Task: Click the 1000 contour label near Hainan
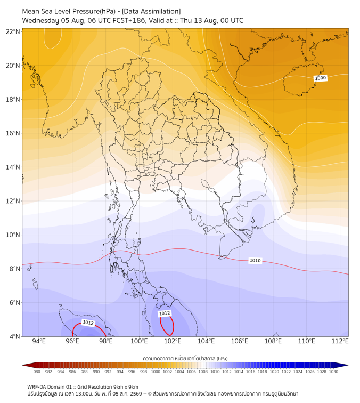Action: pos(321,78)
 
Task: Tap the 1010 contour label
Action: pos(255,261)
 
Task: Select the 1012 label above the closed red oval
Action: pos(165,313)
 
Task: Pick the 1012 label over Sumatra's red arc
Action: pos(88,323)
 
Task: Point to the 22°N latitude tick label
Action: pos(13,31)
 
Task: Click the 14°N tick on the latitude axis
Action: pos(13,167)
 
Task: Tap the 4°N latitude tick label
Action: pos(14,336)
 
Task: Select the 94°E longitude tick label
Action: pos(39,341)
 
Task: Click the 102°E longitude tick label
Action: pos(173,341)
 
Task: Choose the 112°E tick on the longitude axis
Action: pos(340,341)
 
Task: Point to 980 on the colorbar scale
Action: pos(37,372)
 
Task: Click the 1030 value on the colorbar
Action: pos(333,372)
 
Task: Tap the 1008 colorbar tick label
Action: pos(203,372)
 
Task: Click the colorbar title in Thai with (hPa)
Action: pos(185,358)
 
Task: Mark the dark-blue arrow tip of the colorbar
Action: pos(348,365)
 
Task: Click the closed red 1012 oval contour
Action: pos(174,325)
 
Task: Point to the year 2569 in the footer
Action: pos(136,394)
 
